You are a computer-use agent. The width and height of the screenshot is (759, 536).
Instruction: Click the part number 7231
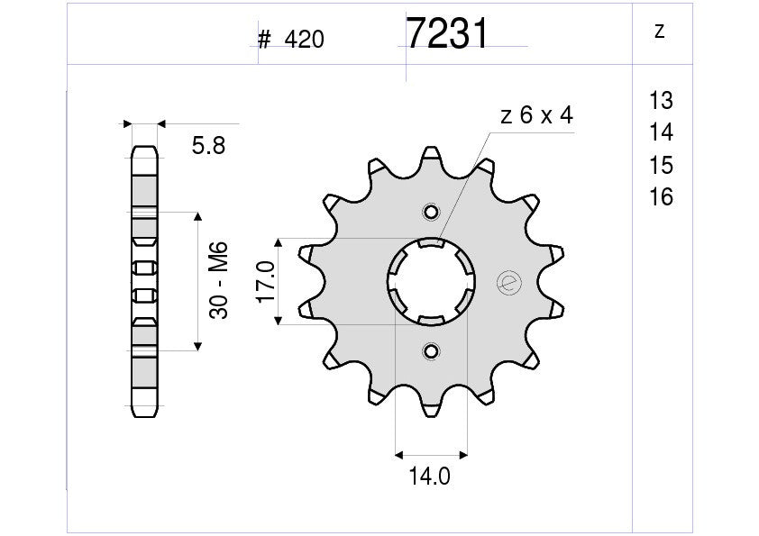point(447,34)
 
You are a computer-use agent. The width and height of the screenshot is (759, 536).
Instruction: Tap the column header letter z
point(660,32)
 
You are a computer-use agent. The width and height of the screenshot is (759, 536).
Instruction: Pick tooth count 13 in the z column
point(660,100)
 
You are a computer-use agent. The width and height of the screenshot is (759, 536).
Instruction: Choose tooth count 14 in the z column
point(660,133)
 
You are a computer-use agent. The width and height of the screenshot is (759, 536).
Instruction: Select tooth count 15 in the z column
point(660,166)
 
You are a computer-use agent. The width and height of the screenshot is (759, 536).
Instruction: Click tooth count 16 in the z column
point(660,197)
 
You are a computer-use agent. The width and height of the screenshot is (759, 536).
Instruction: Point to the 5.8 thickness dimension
point(208,145)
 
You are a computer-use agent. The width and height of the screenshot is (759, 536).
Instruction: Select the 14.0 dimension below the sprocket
point(431,477)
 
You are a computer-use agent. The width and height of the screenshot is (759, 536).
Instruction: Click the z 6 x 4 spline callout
point(535,116)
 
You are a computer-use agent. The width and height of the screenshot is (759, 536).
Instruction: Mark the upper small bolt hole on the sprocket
point(431,213)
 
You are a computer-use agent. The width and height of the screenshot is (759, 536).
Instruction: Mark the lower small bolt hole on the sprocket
point(431,350)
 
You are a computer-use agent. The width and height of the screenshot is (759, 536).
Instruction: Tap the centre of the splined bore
point(431,281)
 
